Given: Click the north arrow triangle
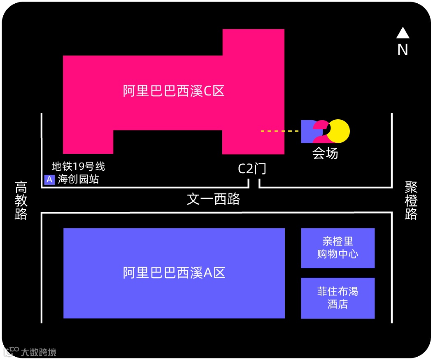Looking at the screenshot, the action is pyautogui.click(x=403, y=33).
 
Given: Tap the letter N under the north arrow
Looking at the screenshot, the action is pyautogui.click(x=403, y=50).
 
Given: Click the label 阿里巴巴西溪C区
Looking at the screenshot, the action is pyautogui.click(x=174, y=91).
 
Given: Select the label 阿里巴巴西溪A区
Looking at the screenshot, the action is pyautogui.click(x=174, y=273).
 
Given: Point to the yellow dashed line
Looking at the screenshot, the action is pyautogui.click(x=280, y=131).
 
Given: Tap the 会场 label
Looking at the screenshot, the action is pyautogui.click(x=325, y=153).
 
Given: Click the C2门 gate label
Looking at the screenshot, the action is pyautogui.click(x=252, y=169).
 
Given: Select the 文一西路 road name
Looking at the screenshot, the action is pyautogui.click(x=213, y=199).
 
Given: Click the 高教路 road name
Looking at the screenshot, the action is pyautogui.click(x=21, y=200).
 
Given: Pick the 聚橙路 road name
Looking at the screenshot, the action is pyautogui.click(x=411, y=201).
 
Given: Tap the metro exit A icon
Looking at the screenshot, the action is pyautogui.click(x=49, y=180).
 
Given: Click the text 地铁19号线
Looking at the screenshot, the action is pyautogui.click(x=78, y=166).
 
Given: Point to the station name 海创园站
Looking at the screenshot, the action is pyautogui.click(x=78, y=179).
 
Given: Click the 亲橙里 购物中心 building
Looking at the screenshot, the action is pyautogui.click(x=338, y=248).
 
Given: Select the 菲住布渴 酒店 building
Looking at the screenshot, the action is pyautogui.click(x=338, y=298).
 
